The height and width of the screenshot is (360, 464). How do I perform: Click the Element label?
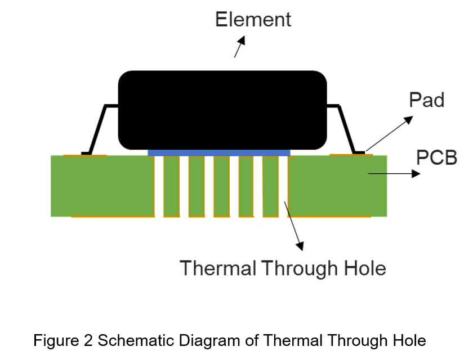click(x=253, y=20)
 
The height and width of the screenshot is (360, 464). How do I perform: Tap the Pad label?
click(x=427, y=100)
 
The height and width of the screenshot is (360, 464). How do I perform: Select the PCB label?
click(x=437, y=157)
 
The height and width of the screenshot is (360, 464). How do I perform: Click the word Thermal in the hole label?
click(x=218, y=268)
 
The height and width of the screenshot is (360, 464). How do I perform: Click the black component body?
click(x=222, y=110)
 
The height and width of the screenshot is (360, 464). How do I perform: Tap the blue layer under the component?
click(x=219, y=153)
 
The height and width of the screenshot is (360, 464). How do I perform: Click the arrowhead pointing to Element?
click(x=242, y=40)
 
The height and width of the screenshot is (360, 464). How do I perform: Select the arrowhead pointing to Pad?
click(x=408, y=120)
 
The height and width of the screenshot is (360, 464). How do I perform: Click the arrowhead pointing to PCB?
click(x=416, y=174)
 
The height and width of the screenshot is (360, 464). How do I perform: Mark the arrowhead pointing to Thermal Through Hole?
click(x=300, y=246)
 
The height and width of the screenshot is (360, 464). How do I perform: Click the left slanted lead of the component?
click(x=97, y=129)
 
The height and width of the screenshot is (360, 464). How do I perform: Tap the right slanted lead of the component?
click(x=346, y=129)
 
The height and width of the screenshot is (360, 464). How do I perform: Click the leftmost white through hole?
click(x=159, y=186)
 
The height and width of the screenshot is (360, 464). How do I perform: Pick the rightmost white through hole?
click(x=283, y=186)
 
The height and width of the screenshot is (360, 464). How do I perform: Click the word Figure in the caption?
click(x=56, y=340)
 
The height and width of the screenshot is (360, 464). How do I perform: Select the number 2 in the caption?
click(x=88, y=340)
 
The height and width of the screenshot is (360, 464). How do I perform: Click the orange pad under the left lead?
click(x=85, y=155)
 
